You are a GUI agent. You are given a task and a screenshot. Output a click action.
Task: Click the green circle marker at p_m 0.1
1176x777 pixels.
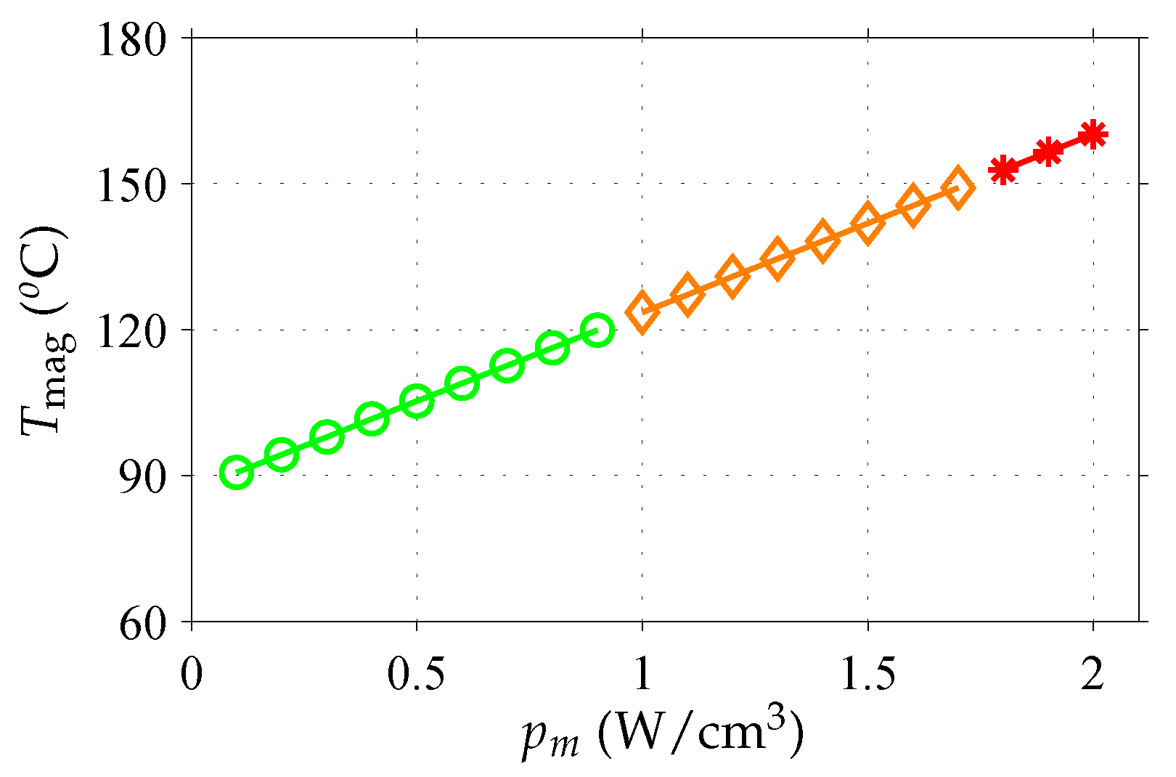point(236,473)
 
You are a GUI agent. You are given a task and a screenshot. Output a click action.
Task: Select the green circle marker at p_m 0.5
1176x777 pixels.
point(417,401)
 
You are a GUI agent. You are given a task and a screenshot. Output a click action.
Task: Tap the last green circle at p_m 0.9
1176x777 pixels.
point(597,330)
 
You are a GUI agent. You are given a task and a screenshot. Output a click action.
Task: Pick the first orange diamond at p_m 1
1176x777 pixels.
point(642,313)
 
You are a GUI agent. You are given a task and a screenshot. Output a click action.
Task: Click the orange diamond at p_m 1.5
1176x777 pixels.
point(867,223)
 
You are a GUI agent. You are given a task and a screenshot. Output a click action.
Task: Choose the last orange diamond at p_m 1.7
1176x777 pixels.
point(957,187)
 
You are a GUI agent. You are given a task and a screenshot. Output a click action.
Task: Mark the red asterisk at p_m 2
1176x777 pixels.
point(1093,134)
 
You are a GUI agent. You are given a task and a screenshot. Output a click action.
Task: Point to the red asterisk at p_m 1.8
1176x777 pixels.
point(1003,170)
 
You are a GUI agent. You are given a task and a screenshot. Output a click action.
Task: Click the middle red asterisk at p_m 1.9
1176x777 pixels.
point(1048,152)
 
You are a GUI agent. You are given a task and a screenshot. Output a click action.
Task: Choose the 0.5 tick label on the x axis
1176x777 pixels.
point(417,675)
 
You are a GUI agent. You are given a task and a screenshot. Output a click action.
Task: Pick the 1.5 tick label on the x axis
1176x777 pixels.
point(867,675)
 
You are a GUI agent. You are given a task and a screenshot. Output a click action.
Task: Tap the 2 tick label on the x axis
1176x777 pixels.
point(1093,675)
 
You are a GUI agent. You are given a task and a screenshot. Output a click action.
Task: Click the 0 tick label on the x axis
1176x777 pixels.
point(192,675)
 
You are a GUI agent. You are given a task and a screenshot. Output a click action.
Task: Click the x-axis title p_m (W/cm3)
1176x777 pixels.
point(663,735)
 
